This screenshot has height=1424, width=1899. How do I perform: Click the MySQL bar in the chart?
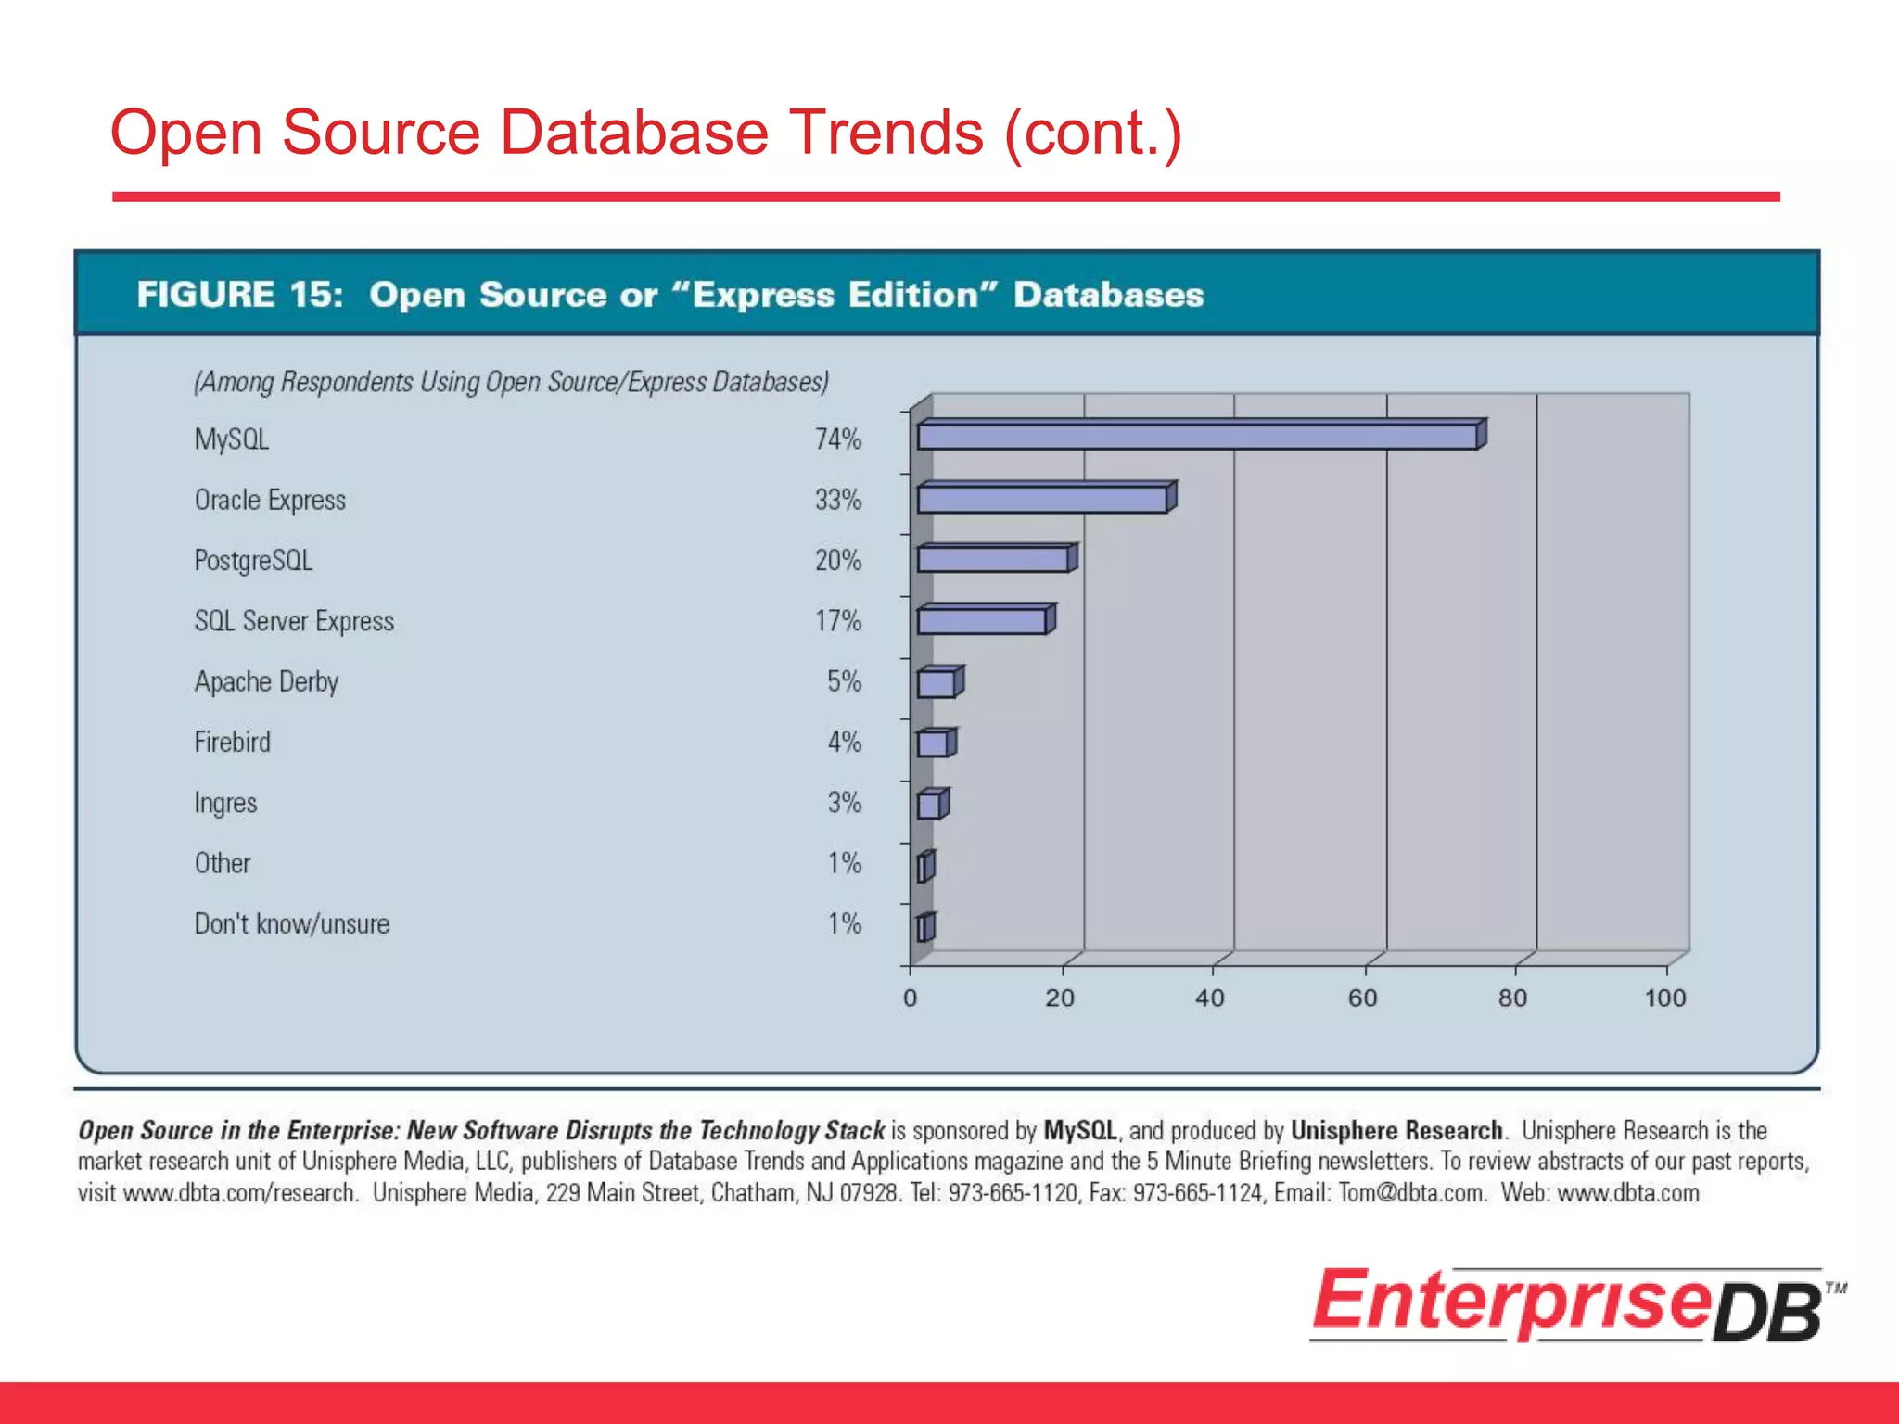(1196, 436)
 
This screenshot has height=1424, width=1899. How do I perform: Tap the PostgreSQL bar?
(992, 560)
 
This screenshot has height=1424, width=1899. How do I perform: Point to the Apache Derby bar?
(937, 683)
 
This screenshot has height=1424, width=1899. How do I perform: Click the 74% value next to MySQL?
(837, 439)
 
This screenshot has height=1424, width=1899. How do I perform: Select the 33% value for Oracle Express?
(837, 500)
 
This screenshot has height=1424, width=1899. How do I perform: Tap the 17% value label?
(837, 620)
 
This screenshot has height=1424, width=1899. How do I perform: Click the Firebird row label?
(233, 742)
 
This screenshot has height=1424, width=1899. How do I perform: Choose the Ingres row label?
(225, 803)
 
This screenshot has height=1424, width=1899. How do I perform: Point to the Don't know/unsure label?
(292, 923)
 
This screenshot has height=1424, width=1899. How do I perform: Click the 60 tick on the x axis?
(1362, 998)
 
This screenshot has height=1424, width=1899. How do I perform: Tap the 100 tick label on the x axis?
(1664, 998)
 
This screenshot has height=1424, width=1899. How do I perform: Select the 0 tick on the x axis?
(910, 998)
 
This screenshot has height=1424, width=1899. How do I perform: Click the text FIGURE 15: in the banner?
(240, 295)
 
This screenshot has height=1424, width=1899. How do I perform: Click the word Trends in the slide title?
(886, 133)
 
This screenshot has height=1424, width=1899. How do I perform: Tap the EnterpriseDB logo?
(1576, 1304)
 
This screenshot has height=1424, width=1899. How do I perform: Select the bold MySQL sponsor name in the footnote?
(1080, 1130)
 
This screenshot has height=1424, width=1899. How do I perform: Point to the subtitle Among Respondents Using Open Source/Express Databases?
(511, 382)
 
